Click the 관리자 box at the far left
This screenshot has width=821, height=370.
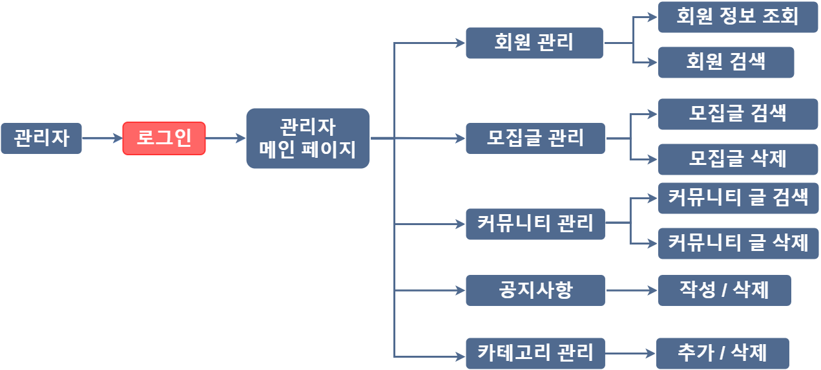tap(41, 138)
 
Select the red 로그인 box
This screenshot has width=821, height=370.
tap(164, 138)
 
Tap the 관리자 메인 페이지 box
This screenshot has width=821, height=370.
tap(308, 138)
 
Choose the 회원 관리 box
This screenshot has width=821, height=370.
tap(534, 43)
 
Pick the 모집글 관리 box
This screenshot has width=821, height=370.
tap(535, 138)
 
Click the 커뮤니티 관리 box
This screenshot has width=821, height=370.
tap(535, 224)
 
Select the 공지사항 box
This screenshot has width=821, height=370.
tap(535, 290)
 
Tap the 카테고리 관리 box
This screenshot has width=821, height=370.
tap(535, 353)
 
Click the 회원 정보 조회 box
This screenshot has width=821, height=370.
tap(738, 17)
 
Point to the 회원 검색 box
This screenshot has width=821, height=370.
tap(726, 62)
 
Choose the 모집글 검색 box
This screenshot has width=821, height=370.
tap(738, 114)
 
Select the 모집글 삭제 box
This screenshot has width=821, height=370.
tap(738, 159)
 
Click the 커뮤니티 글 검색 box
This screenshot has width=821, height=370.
tap(738, 198)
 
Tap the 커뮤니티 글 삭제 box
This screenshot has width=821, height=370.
tap(738, 243)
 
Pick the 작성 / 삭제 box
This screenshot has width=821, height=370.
tap(724, 290)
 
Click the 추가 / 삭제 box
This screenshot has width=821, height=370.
tap(722, 353)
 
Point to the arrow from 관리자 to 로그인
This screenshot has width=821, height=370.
tap(103, 138)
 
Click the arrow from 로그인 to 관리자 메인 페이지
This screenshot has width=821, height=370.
tap(225, 138)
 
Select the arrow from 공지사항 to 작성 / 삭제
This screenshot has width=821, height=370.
tap(631, 290)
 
